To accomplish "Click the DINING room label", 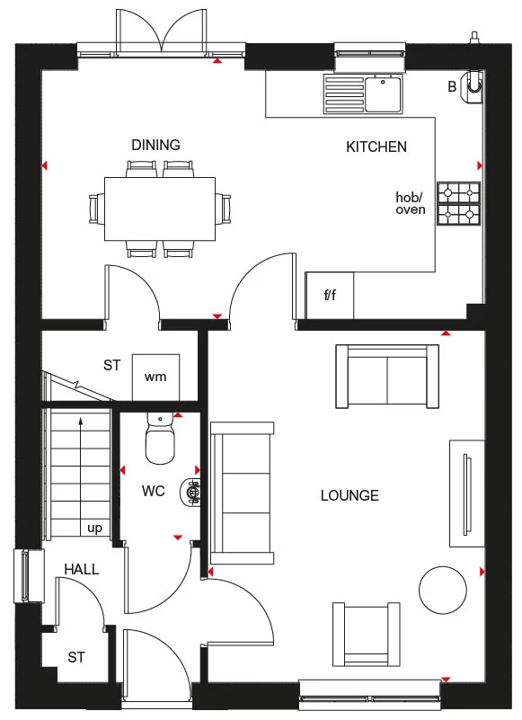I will point(155,145).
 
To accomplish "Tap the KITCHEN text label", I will point(376,147).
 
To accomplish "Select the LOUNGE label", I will point(349,495).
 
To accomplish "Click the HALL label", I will point(81,569).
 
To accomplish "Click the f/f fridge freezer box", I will point(330,295).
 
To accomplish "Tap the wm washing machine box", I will point(155,377).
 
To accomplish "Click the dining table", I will point(160,209).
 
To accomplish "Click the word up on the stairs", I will point(94,529).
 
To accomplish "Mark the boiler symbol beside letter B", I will point(473,85).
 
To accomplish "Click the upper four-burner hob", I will point(458,193).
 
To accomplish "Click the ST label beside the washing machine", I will point(111,365).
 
